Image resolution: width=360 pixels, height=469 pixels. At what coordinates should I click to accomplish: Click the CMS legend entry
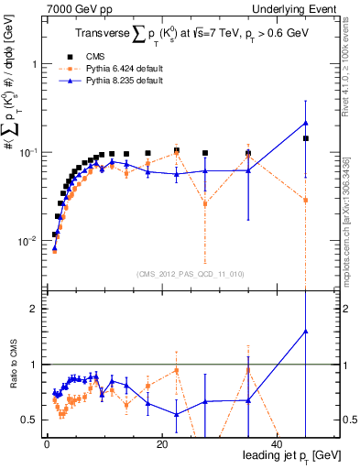tap(105, 56)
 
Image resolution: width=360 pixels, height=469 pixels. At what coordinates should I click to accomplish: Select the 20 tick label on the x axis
tap(162, 443)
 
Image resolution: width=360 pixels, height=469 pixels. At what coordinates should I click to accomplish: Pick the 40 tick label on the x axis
tap(277, 443)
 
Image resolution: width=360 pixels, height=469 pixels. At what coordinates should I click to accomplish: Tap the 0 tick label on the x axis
tap(48, 443)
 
